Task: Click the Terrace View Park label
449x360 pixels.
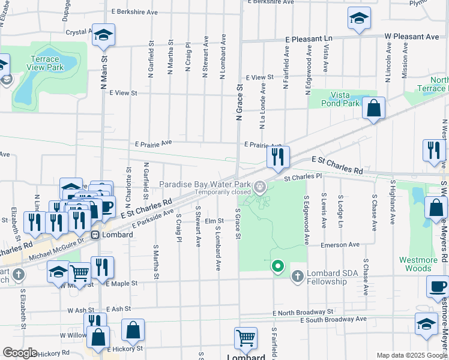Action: point(46,64)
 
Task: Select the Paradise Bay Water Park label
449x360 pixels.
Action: point(205,185)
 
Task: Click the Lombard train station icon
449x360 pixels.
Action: point(95,235)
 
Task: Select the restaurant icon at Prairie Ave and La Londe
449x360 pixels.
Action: point(278,157)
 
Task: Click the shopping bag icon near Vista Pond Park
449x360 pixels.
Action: point(373,109)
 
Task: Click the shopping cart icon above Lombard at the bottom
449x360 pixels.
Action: point(246,338)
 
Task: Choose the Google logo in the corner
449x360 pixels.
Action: point(20,353)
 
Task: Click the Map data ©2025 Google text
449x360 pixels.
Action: point(411,355)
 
